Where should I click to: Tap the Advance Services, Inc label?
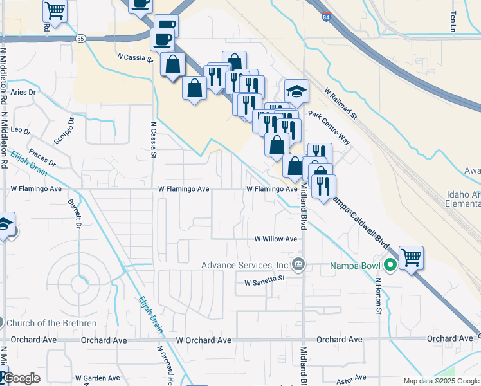coord(244,265)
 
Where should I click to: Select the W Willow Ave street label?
coord(275,239)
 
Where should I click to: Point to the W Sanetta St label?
coord(264,281)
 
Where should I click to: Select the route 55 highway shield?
coord(80,39)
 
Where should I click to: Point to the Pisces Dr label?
coord(42,159)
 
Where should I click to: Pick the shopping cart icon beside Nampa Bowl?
coord(412,257)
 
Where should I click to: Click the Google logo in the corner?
coord(21,378)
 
